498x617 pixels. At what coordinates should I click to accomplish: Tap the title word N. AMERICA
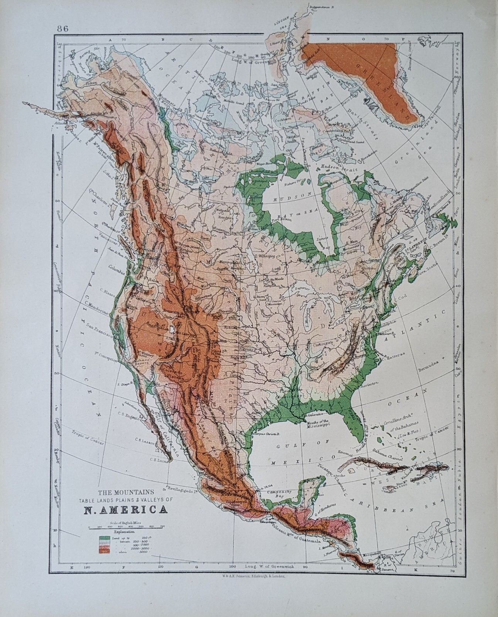click(125, 510)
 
